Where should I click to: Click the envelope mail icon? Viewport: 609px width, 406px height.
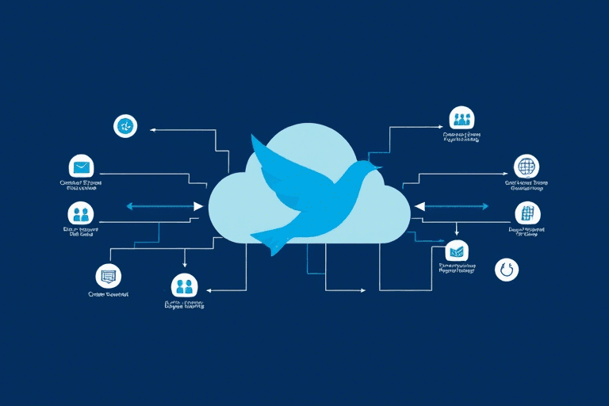(x=80, y=167)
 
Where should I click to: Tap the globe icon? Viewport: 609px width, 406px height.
(x=526, y=167)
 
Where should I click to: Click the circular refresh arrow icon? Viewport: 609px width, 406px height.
(x=506, y=270)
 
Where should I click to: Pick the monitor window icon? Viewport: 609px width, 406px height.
(x=107, y=276)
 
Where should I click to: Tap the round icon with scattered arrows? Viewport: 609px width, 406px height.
(x=125, y=125)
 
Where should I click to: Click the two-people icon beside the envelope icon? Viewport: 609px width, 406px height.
(x=80, y=213)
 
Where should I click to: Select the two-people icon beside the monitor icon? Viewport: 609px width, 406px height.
(x=184, y=285)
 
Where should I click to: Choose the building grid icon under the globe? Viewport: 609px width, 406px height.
(x=526, y=213)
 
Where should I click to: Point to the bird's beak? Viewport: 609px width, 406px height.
(x=378, y=167)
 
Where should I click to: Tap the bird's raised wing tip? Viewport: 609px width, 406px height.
(x=254, y=139)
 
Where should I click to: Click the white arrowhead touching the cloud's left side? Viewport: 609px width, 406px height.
(x=199, y=206)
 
